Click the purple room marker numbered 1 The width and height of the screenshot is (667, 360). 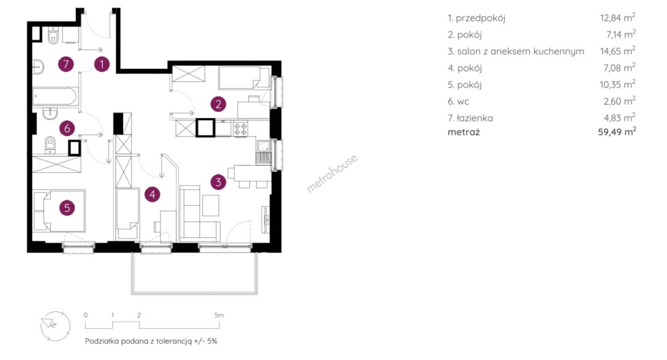[x=102, y=64]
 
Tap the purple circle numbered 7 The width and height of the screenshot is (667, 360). [x=66, y=64]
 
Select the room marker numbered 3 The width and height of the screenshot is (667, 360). [x=218, y=182]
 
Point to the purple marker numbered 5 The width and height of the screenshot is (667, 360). [x=67, y=208]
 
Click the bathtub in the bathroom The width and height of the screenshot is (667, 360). [x=55, y=96]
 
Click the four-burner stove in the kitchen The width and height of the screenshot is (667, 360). [x=240, y=129]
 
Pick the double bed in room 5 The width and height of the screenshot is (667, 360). [x=59, y=211]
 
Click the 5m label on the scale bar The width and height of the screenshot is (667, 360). [x=219, y=315]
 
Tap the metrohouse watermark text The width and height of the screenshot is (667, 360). [x=332, y=173]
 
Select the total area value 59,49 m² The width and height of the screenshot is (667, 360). [x=617, y=131]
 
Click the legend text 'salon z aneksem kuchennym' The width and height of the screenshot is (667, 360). [x=520, y=51]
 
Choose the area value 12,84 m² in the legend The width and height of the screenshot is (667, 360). [x=618, y=17]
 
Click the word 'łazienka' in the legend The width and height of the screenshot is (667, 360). [x=475, y=118]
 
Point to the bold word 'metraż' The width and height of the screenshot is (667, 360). [x=463, y=132]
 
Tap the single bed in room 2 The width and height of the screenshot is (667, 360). [x=244, y=78]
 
